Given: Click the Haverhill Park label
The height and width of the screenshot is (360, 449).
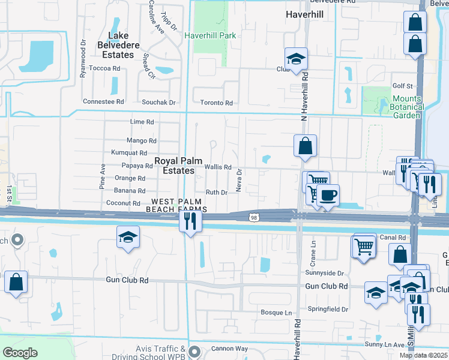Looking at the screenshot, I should point(210,35).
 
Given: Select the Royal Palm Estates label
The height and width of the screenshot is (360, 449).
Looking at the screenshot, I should point(175,166).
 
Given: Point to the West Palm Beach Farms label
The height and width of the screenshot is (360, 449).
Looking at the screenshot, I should point(179,205).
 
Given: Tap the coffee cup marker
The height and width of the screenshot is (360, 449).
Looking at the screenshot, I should point(328,195).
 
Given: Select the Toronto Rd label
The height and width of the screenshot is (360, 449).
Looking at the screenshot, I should point(216,103).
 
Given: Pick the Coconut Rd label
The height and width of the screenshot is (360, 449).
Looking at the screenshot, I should point(123,203).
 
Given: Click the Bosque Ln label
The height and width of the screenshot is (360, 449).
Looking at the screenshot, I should point(276,313).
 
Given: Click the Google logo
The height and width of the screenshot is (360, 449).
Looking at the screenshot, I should point(20,352).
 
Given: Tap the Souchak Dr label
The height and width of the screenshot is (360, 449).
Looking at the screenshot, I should point(154,103).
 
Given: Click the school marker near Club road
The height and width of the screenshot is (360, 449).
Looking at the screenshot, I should point(295,59).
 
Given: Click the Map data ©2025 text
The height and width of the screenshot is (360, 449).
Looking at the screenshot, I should point(423,355).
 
